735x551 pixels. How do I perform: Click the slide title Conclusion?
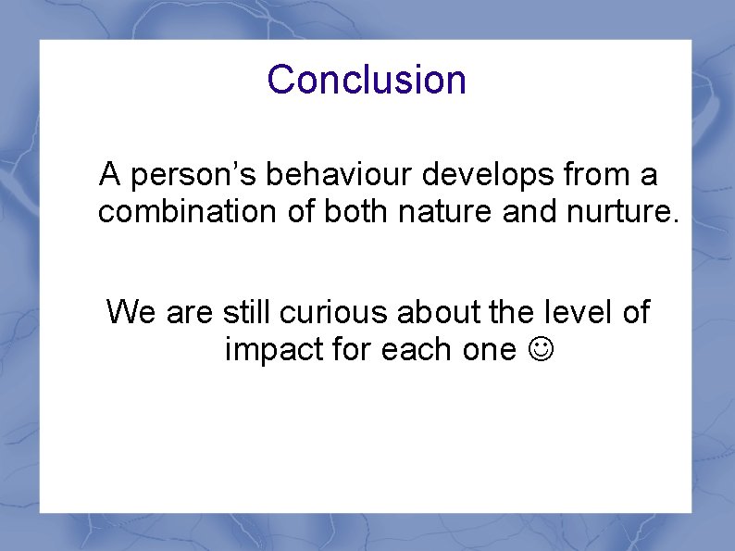[x=367, y=80]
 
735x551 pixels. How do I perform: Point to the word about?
[x=440, y=312]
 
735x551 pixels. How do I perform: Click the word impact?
[x=268, y=350]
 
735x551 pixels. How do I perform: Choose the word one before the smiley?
[x=485, y=351]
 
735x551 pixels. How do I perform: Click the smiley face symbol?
[x=537, y=350]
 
